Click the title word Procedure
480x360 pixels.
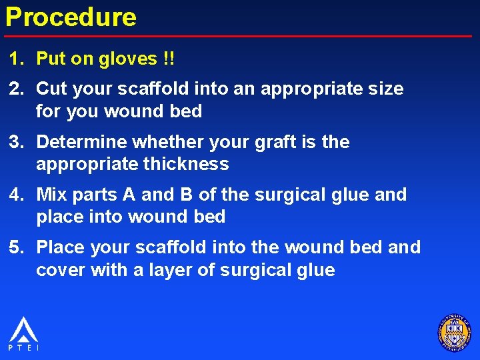pos(71,17)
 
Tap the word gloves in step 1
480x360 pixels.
pos(127,59)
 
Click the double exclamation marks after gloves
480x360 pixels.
pos(169,59)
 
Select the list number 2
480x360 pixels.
pos(15,89)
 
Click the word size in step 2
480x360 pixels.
pos(386,89)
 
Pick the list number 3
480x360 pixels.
pos(15,142)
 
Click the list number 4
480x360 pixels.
pos(15,195)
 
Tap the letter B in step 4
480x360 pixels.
pos(187,195)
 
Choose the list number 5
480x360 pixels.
pos(15,247)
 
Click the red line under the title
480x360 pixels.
pos(240,35)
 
